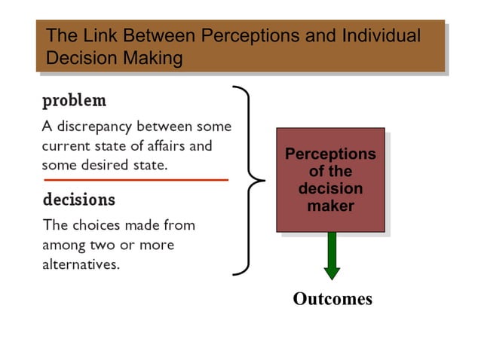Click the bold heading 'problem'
point(74,101)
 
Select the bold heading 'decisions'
point(78,200)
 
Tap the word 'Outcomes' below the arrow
point(332,299)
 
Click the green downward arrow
point(332,256)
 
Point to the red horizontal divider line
point(136,181)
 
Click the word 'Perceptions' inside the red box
point(330,154)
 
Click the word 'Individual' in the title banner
point(381,36)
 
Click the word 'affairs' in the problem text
point(189,145)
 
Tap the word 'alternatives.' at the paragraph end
point(81,264)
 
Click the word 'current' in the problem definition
point(64,145)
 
